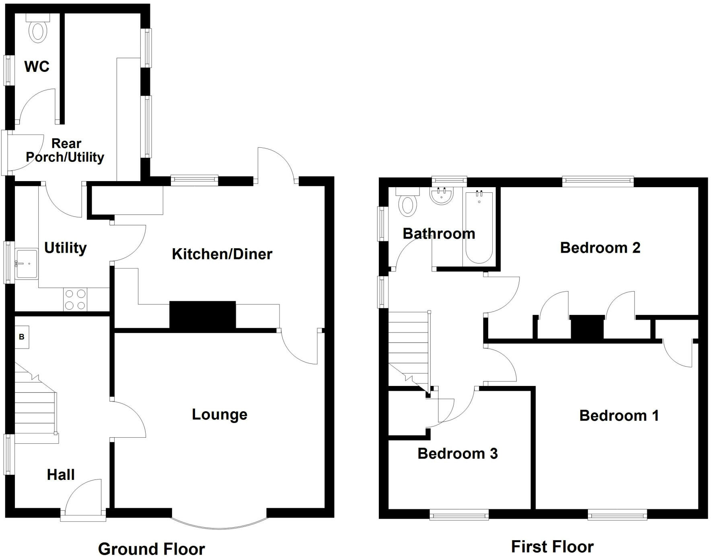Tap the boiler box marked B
(x=22, y=337)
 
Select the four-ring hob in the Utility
(x=75, y=300)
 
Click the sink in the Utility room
(x=27, y=264)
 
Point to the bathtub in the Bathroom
(x=479, y=227)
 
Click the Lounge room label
(x=220, y=414)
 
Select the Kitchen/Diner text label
(x=222, y=254)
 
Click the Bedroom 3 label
(x=458, y=454)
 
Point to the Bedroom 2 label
(x=600, y=248)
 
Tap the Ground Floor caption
(x=151, y=549)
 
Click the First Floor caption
(x=552, y=547)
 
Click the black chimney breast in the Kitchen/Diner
(x=202, y=316)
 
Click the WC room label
(x=37, y=66)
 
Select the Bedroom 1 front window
(x=617, y=514)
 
